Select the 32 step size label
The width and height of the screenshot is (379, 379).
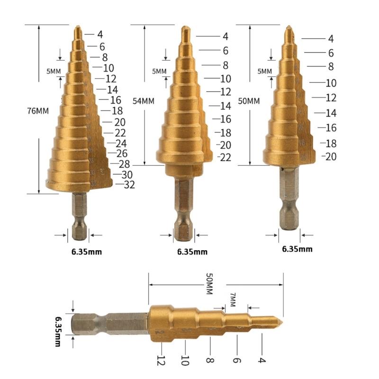(x=129, y=185)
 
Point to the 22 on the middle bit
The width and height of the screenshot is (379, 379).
(x=225, y=157)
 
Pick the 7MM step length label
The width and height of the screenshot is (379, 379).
(x=233, y=299)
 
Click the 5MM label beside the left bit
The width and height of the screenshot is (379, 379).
(x=53, y=72)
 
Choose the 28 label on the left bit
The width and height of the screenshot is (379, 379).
(x=124, y=164)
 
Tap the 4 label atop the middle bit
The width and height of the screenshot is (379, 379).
(x=225, y=36)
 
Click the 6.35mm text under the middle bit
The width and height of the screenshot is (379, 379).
(x=192, y=252)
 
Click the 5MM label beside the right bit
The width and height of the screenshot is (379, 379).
(x=264, y=72)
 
